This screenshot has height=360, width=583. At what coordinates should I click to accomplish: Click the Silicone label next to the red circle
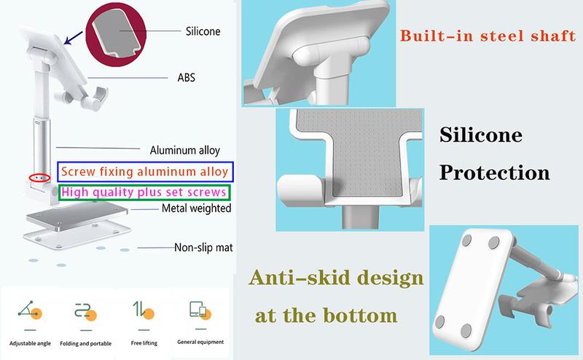(x=203, y=31)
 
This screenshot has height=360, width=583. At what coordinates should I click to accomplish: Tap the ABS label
(x=187, y=77)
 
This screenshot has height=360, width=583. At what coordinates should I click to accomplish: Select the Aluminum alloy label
(x=185, y=150)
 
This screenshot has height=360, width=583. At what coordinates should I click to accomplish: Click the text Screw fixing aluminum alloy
(x=144, y=171)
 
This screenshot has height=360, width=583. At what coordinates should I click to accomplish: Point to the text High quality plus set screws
(x=144, y=192)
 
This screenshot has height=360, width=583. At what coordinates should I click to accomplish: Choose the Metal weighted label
(x=196, y=208)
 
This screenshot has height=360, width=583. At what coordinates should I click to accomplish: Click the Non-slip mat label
(x=203, y=247)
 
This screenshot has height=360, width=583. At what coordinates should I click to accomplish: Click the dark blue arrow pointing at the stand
(x=74, y=38)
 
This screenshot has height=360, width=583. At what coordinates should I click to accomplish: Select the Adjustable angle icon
(x=30, y=310)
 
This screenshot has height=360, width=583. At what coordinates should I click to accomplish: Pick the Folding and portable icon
(x=85, y=312)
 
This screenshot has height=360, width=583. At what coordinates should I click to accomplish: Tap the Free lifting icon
(x=144, y=310)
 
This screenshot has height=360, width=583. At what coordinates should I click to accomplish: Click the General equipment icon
(x=200, y=310)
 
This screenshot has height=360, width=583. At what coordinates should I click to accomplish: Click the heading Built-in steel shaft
(x=488, y=36)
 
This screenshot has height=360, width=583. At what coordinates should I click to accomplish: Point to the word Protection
(x=495, y=173)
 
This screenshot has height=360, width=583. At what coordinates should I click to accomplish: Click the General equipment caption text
(x=200, y=342)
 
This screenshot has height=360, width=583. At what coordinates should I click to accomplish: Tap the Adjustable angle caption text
(x=30, y=343)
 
